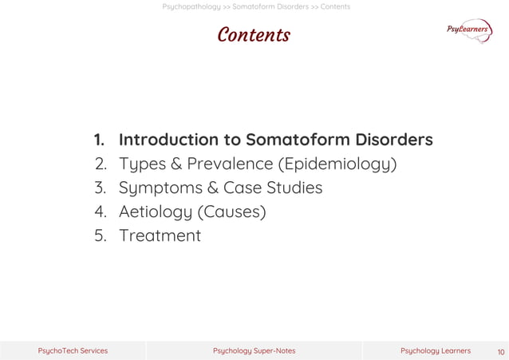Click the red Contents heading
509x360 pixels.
pos(254,36)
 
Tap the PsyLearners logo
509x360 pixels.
pos(469,30)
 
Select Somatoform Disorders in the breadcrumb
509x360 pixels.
pos(270,6)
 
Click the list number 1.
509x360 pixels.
pos(99,140)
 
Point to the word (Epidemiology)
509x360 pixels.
pos(337,165)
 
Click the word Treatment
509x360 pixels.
pos(160,236)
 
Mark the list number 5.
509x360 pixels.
pos(100,236)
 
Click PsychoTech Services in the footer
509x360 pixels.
pos(73,350)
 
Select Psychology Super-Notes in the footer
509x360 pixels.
pos(254,350)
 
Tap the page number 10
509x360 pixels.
pos(501,351)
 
